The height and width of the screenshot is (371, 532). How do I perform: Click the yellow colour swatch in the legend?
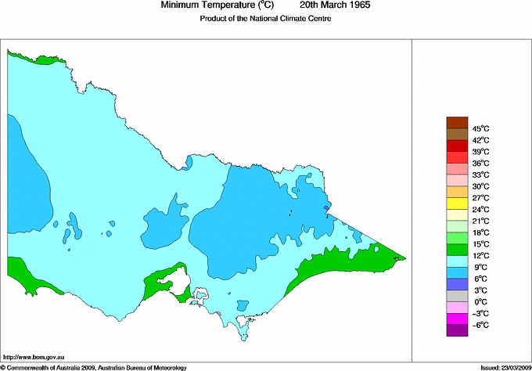tap(456, 203)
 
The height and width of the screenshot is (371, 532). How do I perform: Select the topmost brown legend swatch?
tap(456, 122)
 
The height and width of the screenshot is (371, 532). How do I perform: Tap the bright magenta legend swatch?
tap(456, 319)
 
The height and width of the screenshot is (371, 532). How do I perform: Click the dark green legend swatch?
tap(456, 249)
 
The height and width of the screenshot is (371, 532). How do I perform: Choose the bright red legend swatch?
tap(456, 157)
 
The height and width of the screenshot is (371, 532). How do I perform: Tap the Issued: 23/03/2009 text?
tap(505, 367)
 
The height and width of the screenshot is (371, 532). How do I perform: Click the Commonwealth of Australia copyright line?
tap(94, 367)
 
